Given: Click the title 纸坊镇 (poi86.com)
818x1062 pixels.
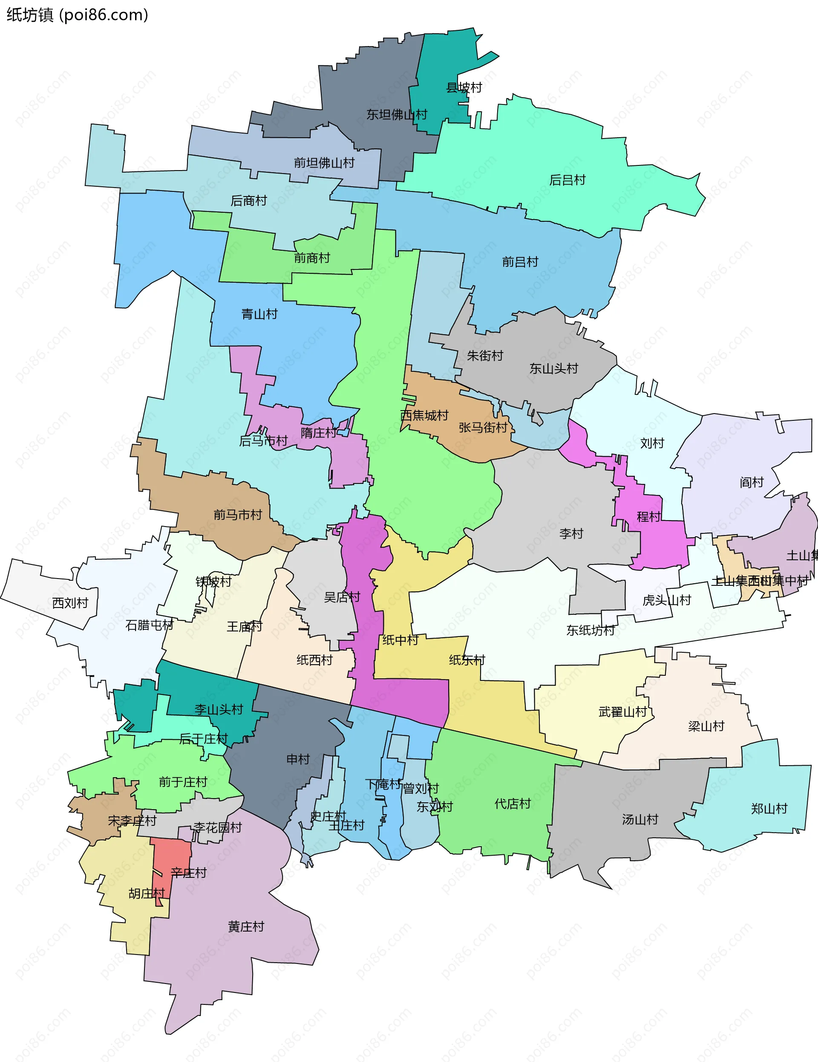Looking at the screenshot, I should pos(77,15).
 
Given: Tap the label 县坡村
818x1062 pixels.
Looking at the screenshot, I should pos(464,87).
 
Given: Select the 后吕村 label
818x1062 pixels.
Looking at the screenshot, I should pos(567,180).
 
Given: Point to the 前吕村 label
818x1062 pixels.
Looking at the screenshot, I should pos(520,262).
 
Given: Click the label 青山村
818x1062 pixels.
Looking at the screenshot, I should pos(259,314).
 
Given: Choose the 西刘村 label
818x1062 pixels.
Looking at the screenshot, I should pos(70,603).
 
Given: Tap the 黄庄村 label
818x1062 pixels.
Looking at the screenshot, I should pos(246,927).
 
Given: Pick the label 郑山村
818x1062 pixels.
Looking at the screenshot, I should pos(769,809).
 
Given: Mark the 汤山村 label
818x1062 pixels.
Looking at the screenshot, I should pos(639,819).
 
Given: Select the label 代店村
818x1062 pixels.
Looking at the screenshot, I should pos(512,804).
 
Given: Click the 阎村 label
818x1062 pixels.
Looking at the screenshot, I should pos(752,482).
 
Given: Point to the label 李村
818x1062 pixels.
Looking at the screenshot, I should pos(570,533).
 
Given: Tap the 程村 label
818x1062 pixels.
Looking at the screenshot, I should pos(649,516).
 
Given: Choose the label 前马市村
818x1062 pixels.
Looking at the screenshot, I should pos(238,515).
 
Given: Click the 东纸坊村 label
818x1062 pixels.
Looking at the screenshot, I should pos(590,631).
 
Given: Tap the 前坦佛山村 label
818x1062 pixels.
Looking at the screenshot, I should pos(324,163).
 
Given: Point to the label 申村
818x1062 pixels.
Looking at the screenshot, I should pos(298,759).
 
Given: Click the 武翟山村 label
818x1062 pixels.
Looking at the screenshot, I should pos(622,712).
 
